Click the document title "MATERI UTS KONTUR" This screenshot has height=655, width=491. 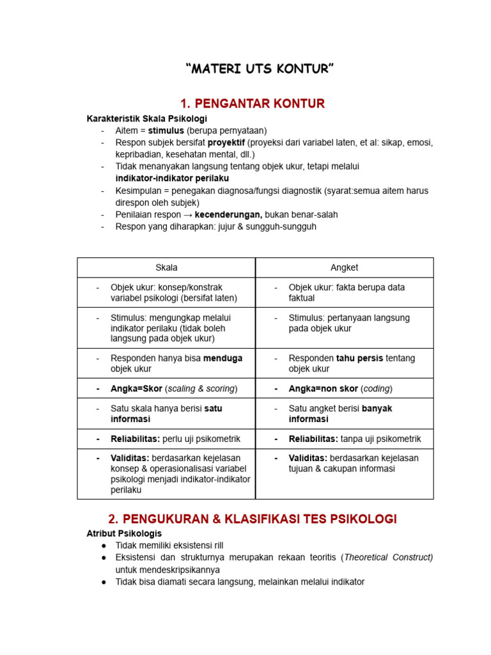tap(260, 69)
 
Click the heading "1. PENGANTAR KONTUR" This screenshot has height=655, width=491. tap(253, 104)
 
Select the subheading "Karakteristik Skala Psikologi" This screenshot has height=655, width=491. tap(147, 119)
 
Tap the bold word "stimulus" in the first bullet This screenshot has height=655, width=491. tap(166, 130)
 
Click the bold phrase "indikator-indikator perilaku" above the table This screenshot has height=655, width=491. tap(172, 178)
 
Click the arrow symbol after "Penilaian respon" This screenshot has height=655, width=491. tap(185, 214)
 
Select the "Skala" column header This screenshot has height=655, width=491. tap(166, 267)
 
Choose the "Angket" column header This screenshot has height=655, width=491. tap(345, 267)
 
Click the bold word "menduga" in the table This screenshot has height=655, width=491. tap(222, 358)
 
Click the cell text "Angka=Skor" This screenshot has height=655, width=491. tap(136, 388)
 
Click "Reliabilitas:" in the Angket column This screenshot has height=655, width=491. tap(313, 439)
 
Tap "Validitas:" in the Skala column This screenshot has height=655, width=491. tap(130, 458)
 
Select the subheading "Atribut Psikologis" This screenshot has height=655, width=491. tap(124, 533)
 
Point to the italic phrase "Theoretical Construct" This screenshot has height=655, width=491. tap(388, 557)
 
